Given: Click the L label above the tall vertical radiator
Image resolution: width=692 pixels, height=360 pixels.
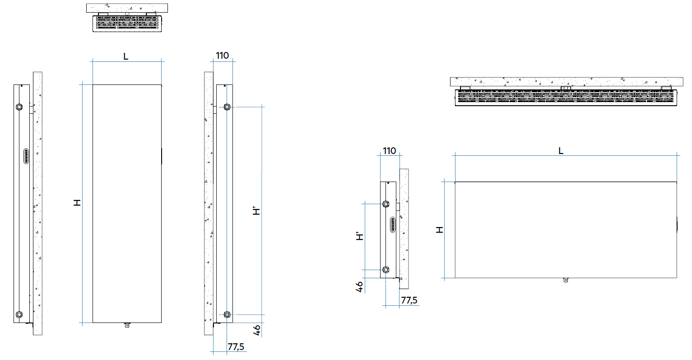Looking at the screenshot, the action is [x=126, y=56].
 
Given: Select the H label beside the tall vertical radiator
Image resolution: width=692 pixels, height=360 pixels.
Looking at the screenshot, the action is [x=77, y=203].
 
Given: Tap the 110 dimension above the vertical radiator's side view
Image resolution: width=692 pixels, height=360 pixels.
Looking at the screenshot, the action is [x=223, y=56].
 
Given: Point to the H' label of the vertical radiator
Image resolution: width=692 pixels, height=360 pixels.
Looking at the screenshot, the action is [x=256, y=211].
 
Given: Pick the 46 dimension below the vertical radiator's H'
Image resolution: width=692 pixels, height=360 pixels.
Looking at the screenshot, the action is [x=257, y=330].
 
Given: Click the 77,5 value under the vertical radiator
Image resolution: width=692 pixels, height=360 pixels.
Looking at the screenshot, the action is [x=236, y=347].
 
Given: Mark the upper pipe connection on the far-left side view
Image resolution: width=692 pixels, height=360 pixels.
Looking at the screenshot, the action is [x=19, y=107].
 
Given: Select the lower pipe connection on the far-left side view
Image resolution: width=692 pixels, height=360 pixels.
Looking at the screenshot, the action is [x=19, y=314].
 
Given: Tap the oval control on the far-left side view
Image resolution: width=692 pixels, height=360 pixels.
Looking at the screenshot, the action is [x=26, y=156].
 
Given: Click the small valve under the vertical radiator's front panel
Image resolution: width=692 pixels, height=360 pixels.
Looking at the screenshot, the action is [x=127, y=325].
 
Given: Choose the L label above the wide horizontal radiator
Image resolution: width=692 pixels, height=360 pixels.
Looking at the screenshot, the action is [x=561, y=151].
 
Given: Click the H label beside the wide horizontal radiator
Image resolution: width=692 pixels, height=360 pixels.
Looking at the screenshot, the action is [x=440, y=229].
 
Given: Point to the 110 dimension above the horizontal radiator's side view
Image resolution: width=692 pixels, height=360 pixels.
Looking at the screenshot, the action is [x=389, y=151].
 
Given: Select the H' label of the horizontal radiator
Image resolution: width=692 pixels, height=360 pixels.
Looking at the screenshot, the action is [x=360, y=236].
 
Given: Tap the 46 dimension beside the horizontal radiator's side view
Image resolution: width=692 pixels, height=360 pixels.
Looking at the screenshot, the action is [x=360, y=287].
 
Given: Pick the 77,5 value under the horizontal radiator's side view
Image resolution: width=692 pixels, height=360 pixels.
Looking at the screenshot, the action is [x=409, y=300].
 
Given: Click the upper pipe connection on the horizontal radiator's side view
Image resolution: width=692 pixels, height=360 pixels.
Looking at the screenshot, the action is [x=386, y=204].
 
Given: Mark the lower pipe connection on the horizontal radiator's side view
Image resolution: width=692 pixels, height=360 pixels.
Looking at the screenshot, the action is [x=386, y=270].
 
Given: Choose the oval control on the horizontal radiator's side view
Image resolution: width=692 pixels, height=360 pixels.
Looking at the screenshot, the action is [x=393, y=224].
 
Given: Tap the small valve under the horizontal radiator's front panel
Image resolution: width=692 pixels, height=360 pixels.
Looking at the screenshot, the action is [x=566, y=280].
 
